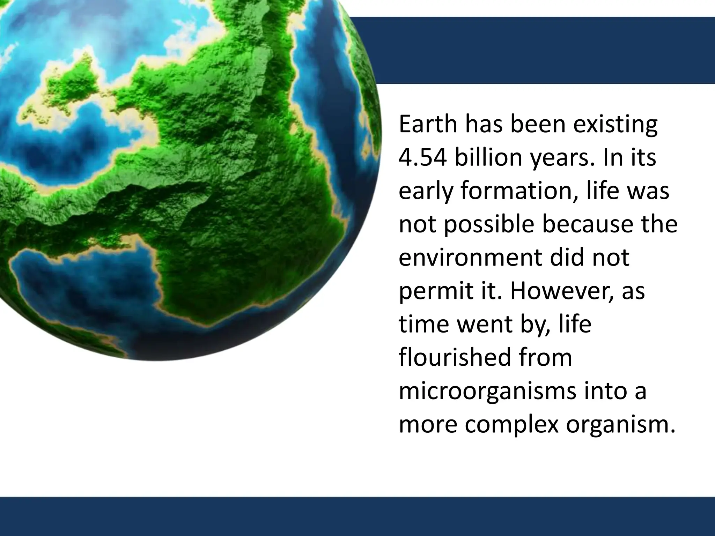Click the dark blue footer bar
coord(357,516)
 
